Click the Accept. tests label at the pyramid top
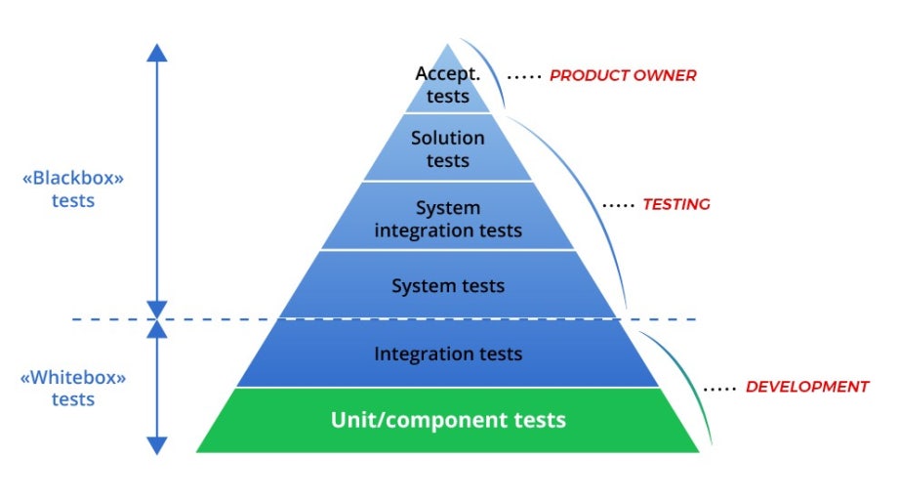[x=447, y=85]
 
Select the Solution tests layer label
[x=448, y=149]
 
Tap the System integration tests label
[x=448, y=220]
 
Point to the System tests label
[x=448, y=286]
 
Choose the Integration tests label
[x=448, y=354]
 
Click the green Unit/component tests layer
[x=448, y=421]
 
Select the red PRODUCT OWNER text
[x=623, y=75]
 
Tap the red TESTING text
[x=676, y=205]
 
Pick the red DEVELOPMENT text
[x=806, y=387]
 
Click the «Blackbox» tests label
[x=73, y=189]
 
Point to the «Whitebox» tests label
[x=73, y=388]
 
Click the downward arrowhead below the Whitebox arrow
[x=157, y=444]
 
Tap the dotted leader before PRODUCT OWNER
[x=524, y=76]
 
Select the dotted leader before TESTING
[x=618, y=206]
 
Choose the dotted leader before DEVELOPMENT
[x=719, y=388]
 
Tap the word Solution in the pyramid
[x=448, y=139]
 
